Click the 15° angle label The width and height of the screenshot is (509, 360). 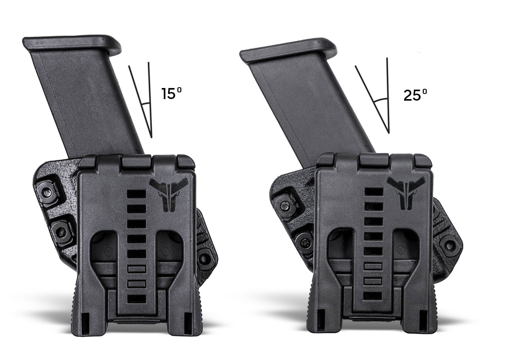click(x=172, y=94)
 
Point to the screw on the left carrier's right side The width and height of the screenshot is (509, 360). click(x=206, y=258)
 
